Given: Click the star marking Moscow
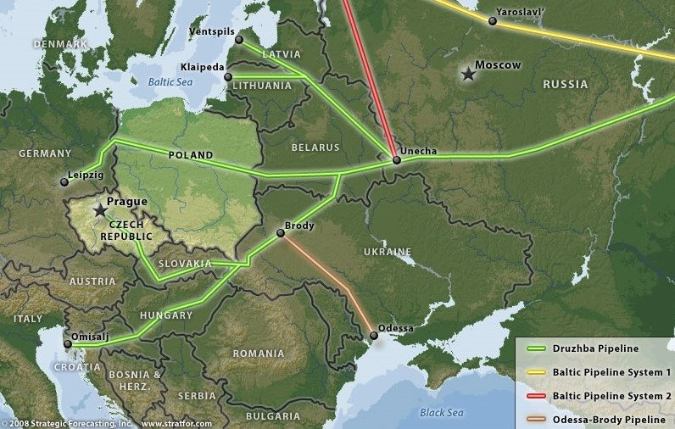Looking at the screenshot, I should coord(467,75).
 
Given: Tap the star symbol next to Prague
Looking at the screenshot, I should coord(101,209).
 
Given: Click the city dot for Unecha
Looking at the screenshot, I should coord(396,159).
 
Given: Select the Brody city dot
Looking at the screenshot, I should coord(282,233).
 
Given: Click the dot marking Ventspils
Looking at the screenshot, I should coord(238,39).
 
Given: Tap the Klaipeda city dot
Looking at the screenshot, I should coord(227,77).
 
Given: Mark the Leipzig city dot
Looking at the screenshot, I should coord(64,181).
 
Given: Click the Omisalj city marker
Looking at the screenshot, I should coord(67,343).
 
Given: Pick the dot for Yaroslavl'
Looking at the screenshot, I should coord(493,21).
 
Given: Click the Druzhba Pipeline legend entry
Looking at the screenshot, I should coord(594,348).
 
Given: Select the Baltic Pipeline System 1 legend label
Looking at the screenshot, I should coord(611,371).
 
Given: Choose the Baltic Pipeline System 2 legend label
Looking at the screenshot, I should coord(611,395).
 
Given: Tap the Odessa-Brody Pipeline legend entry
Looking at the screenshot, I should coord(606,418).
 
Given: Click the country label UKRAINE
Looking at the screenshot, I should coord(388,252).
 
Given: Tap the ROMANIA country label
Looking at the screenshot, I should coord(259,354).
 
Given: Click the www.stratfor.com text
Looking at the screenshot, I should coord(177,422).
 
